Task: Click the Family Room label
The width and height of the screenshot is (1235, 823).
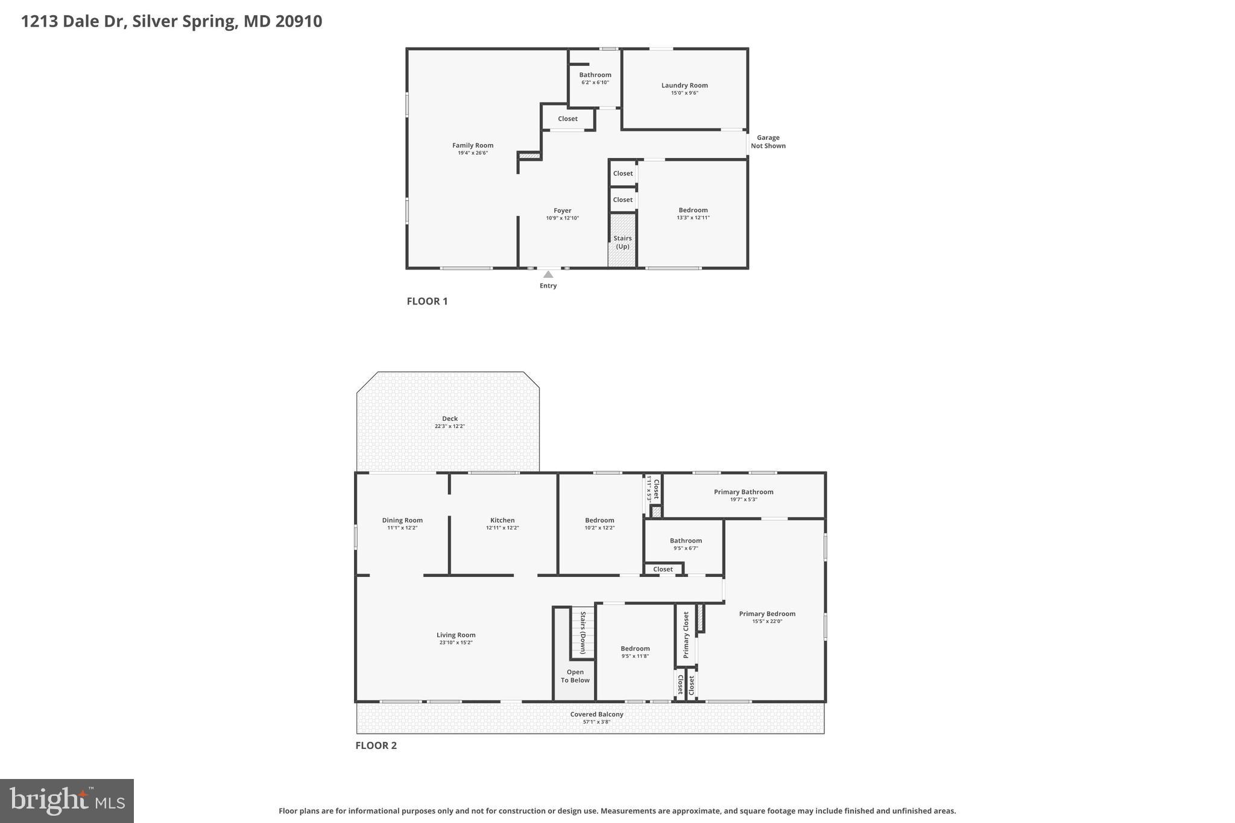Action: tap(473, 145)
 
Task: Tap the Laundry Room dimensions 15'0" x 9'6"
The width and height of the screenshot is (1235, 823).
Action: tap(684, 93)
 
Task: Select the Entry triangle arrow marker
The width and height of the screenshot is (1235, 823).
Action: tap(548, 274)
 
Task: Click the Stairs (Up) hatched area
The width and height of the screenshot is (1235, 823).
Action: tap(622, 242)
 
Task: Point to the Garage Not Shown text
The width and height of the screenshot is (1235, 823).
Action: tap(768, 142)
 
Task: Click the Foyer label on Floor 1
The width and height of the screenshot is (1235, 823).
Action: tap(562, 210)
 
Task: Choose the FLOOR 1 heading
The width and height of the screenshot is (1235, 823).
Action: tap(427, 301)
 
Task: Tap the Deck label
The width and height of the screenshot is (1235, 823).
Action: tap(450, 418)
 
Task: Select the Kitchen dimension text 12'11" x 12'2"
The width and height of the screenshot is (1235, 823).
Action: tap(502, 528)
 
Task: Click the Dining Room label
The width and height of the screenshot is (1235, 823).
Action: tap(402, 520)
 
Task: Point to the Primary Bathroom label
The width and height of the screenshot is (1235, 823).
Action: tap(744, 492)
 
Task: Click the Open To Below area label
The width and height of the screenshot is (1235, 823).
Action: tap(575, 676)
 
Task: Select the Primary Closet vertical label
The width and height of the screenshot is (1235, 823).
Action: tap(686, 635)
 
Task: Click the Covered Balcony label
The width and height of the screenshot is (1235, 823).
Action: tap(596, 714)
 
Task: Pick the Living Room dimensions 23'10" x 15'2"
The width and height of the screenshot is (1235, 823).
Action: tap(456, 643)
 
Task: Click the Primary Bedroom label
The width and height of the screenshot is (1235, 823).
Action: tap(767, 614)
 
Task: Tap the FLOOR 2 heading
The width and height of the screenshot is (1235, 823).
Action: tap(376, 745)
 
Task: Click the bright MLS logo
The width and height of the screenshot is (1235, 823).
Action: tap(67, 801)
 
